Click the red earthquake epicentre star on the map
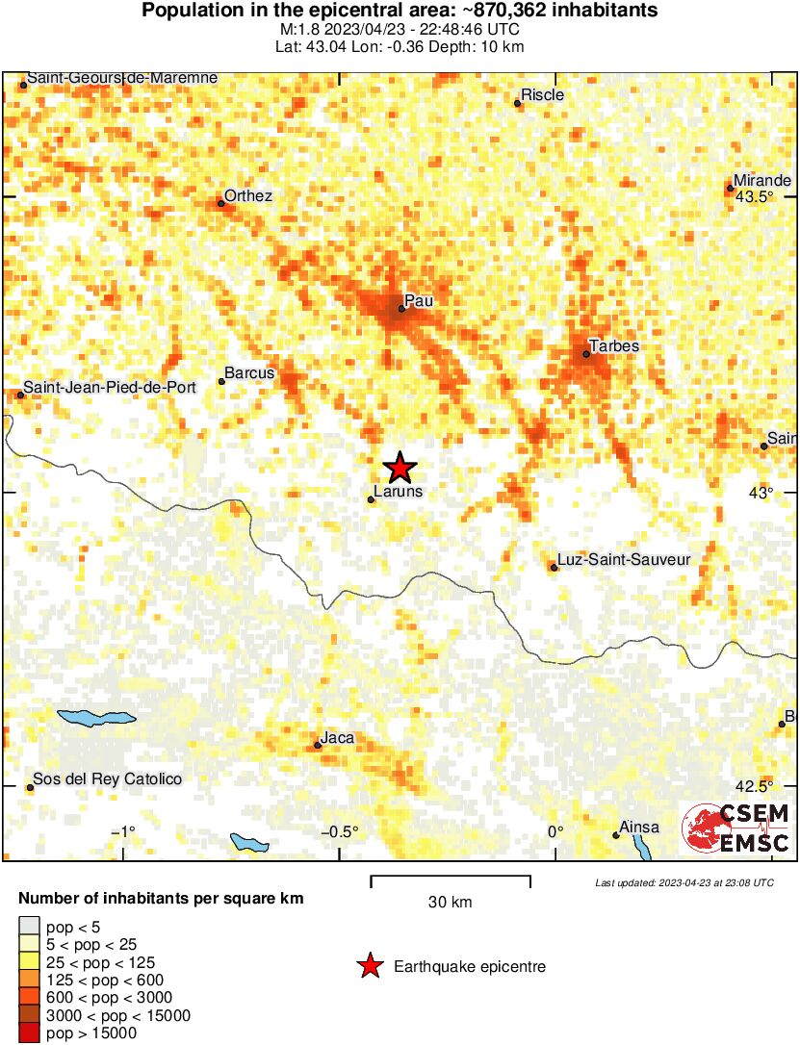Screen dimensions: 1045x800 coord(400,468)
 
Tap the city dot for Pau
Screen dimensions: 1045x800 coord(402,309)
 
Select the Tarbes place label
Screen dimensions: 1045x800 coord(613,346)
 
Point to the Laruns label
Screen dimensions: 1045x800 coord(398,492)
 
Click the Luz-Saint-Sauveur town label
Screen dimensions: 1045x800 coord(624,559)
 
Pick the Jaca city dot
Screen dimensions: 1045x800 coord(318,746)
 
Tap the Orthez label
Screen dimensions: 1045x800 coord(248,196)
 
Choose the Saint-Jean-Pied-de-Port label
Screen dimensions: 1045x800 coord(109,387)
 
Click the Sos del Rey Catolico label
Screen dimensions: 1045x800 coord(107,779)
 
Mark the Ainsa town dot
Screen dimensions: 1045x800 coord(616,835)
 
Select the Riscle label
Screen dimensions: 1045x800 coord(542,95)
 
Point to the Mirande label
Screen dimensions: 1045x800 coord(761,181)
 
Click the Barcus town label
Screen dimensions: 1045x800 coord(249,372)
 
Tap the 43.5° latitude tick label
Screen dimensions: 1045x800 coord(755,196)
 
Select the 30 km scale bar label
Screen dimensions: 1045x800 coord(450,903)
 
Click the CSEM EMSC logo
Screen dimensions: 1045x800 coord(736,828)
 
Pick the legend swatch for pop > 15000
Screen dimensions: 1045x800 coord(29,1033)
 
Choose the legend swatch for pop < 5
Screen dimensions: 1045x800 coord(29,928)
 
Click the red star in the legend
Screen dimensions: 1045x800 coord(369,966)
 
